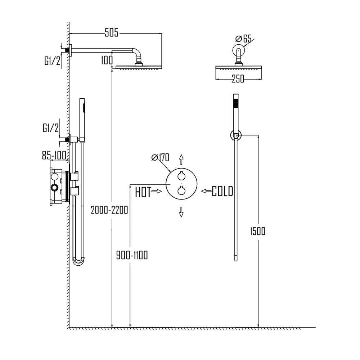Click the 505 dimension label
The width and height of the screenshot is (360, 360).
point(112,33)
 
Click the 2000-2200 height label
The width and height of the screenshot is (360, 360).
point(109,210)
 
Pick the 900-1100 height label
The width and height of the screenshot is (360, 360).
point(132,255)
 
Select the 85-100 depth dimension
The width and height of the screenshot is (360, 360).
point(54,156)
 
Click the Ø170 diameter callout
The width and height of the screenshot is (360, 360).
point(161,157)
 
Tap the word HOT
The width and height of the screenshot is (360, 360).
point(143,192)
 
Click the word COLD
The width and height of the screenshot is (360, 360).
point(222,191)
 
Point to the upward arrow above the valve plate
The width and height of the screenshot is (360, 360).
point(181,159)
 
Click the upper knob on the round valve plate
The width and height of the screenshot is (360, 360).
point(181,176)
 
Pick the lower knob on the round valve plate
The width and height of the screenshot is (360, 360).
point(181,191)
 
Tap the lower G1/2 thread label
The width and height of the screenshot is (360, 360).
point(51,129)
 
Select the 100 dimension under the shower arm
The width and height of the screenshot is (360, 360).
point(107,60)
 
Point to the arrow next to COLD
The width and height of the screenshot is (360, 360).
point(206,191)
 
